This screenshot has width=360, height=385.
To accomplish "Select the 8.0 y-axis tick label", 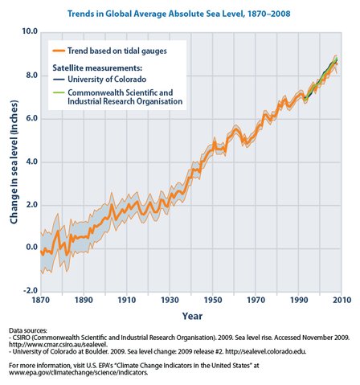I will point(30,76).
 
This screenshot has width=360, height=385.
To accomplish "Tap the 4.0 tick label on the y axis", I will point(30,162).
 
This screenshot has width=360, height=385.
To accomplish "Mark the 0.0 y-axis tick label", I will point(30,248).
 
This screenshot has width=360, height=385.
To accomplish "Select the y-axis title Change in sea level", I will point(13,162).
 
